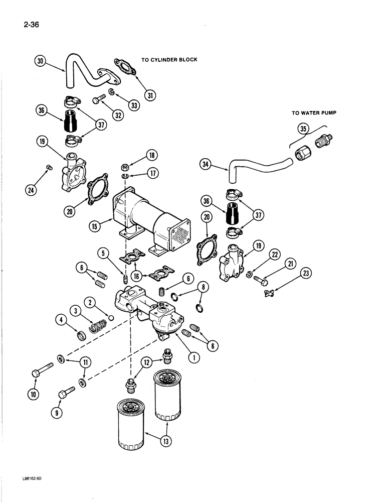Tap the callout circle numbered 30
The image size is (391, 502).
[41, 62]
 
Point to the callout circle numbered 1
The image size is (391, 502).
[193, 357]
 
